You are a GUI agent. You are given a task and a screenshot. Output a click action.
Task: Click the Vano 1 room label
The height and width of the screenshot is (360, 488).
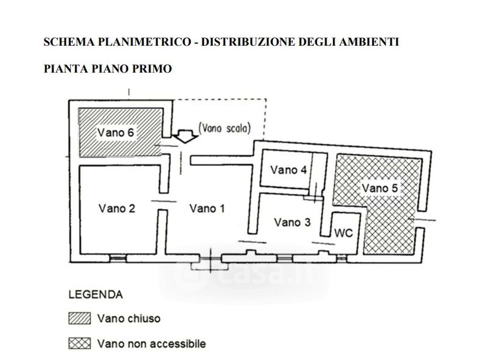[207, 209]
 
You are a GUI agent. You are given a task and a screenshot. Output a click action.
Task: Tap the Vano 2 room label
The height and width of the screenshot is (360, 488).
[117, 209]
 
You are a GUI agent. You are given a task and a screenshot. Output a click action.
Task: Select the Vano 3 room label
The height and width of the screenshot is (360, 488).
[292, 222]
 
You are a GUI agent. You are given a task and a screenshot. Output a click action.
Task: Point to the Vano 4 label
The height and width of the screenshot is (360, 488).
[288, 169]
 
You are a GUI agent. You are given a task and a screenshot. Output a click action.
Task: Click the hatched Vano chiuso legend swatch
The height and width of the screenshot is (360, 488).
[79, 319]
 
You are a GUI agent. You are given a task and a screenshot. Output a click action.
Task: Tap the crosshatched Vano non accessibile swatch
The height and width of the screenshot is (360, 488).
[79, 344]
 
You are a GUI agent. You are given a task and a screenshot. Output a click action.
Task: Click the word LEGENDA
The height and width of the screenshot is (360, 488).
[96, 295]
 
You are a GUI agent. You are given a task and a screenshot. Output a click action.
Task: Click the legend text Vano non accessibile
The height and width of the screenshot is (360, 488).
[151, 344]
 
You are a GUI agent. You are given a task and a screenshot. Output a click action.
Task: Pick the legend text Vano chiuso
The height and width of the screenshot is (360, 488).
[129, 319]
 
